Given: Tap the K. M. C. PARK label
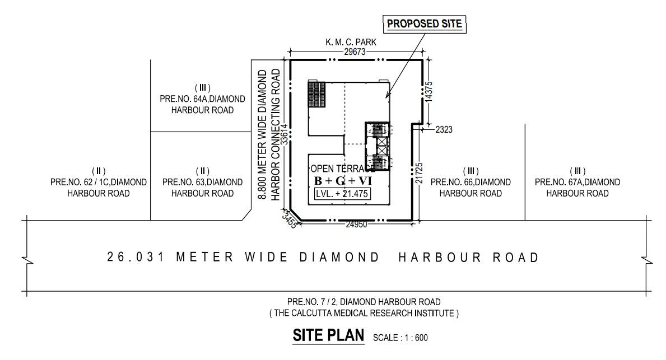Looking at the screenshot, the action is click(x=351, y=42).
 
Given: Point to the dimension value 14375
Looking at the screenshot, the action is click(x=429, y=91).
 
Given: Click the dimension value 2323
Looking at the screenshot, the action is click(x=444, y=129).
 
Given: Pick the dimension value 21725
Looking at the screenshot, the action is click(x=420, y=173).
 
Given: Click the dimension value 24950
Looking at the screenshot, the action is click(x=356, y=225).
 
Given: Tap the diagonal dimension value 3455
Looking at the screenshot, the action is click(x=290, y=219).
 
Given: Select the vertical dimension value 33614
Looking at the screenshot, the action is click(x=285, y=134).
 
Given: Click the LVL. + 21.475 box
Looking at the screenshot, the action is click(x=342, y=194).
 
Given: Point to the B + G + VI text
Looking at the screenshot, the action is click(x=343, y=181).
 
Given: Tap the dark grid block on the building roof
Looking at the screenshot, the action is click(x=317, y=94).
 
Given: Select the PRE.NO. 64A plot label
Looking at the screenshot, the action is click(x=202, y=99).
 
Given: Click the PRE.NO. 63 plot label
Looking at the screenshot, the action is click(x=202, y=182).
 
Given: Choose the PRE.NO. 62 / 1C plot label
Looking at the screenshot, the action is click(x=99, y=182).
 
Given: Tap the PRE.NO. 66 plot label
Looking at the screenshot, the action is click(x=471, y=182).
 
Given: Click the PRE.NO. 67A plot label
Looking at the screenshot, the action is click(x=577, y=182).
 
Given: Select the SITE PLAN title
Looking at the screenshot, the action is click(x=328, y=335).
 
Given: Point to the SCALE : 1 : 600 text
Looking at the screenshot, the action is click(x=400, y=338).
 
